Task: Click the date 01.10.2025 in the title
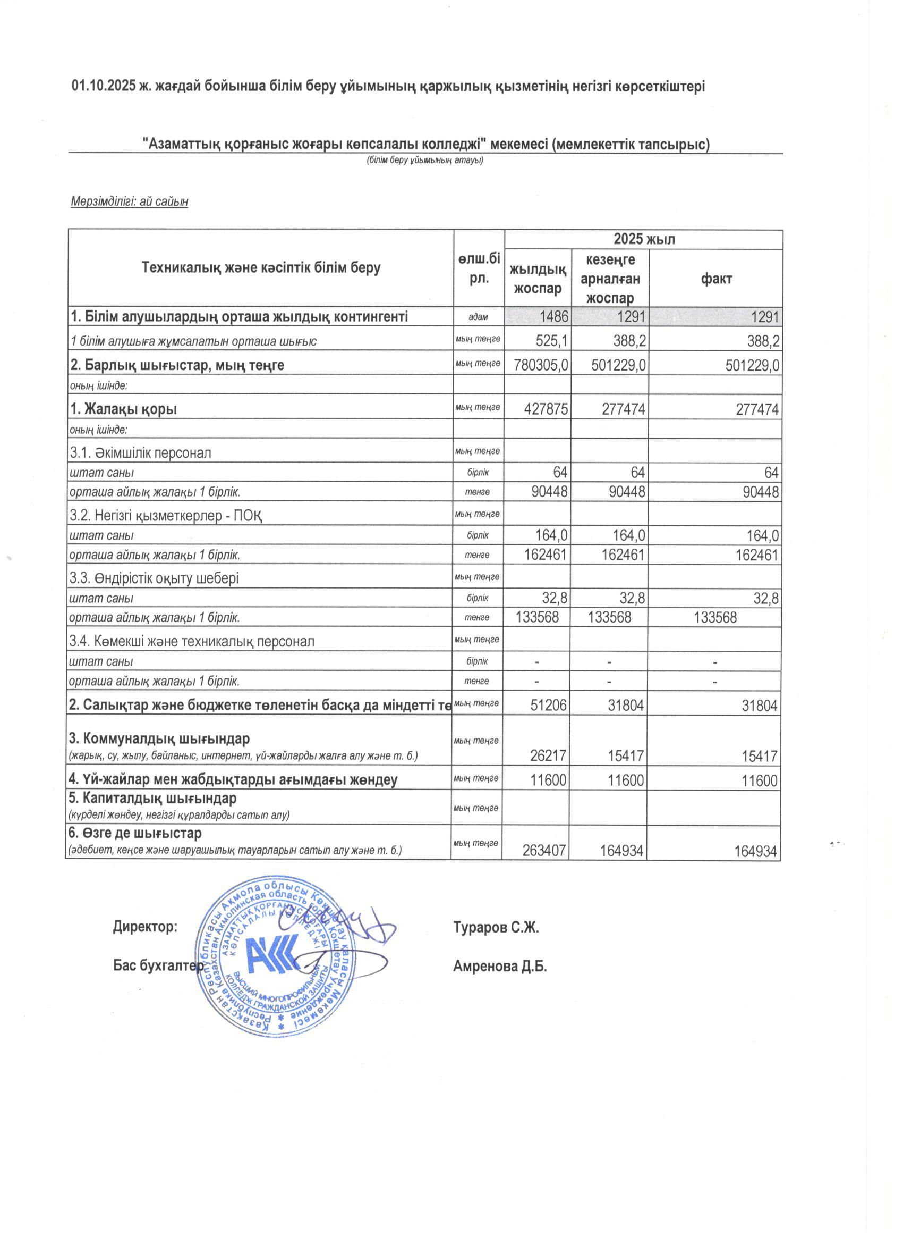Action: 104,87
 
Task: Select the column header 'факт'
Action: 715,279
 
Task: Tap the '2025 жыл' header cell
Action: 644,239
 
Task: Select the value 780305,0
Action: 538,366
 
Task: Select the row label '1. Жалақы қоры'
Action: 124,409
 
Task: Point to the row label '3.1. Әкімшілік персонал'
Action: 140,452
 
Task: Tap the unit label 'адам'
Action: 478,317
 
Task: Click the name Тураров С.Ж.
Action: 496,928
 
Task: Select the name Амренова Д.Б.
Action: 500,966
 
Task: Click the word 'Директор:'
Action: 145,927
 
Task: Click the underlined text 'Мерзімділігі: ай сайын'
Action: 130,201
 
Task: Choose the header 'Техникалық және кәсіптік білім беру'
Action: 261,268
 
